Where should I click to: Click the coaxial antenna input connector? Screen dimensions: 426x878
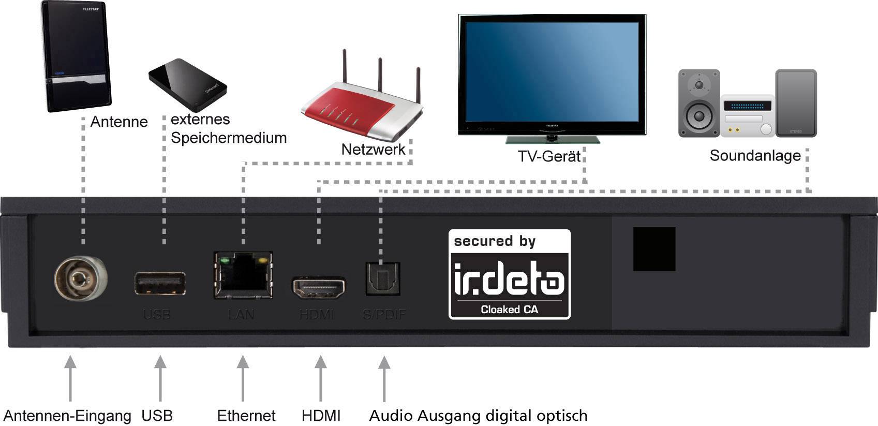(80, 280)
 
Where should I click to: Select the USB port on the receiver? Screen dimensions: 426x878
(160, 284)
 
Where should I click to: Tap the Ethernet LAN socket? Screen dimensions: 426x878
(243, 275)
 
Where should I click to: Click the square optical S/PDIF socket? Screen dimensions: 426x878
(383, 279)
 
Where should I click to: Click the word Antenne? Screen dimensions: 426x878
(119, 122)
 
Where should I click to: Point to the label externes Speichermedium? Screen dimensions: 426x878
(228, 128)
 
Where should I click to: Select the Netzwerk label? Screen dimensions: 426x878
(373, 150)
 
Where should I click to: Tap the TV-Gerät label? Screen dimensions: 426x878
(549, 156)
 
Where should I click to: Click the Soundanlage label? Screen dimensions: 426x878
(755, 155)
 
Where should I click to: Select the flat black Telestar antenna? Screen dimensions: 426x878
(76, 57)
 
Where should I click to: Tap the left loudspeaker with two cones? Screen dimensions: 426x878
(699, 104)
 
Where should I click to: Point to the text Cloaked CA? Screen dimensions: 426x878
(509, 310)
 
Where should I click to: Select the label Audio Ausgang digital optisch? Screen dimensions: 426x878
(478, 416)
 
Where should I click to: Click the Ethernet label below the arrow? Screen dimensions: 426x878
(246, 416)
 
